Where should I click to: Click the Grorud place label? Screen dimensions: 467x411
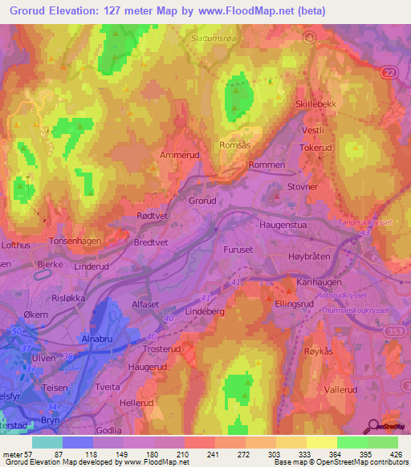tap(203, 201)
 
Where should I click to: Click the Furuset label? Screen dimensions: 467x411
tap(238, 250)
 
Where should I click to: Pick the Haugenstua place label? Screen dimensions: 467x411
tap(285, 225)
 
